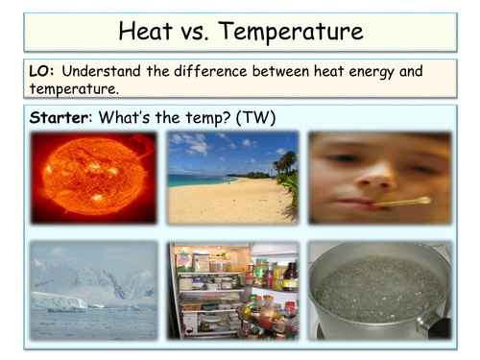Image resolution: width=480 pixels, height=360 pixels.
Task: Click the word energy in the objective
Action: (386, 73)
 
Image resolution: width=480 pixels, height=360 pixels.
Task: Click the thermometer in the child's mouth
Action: (402, 204)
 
